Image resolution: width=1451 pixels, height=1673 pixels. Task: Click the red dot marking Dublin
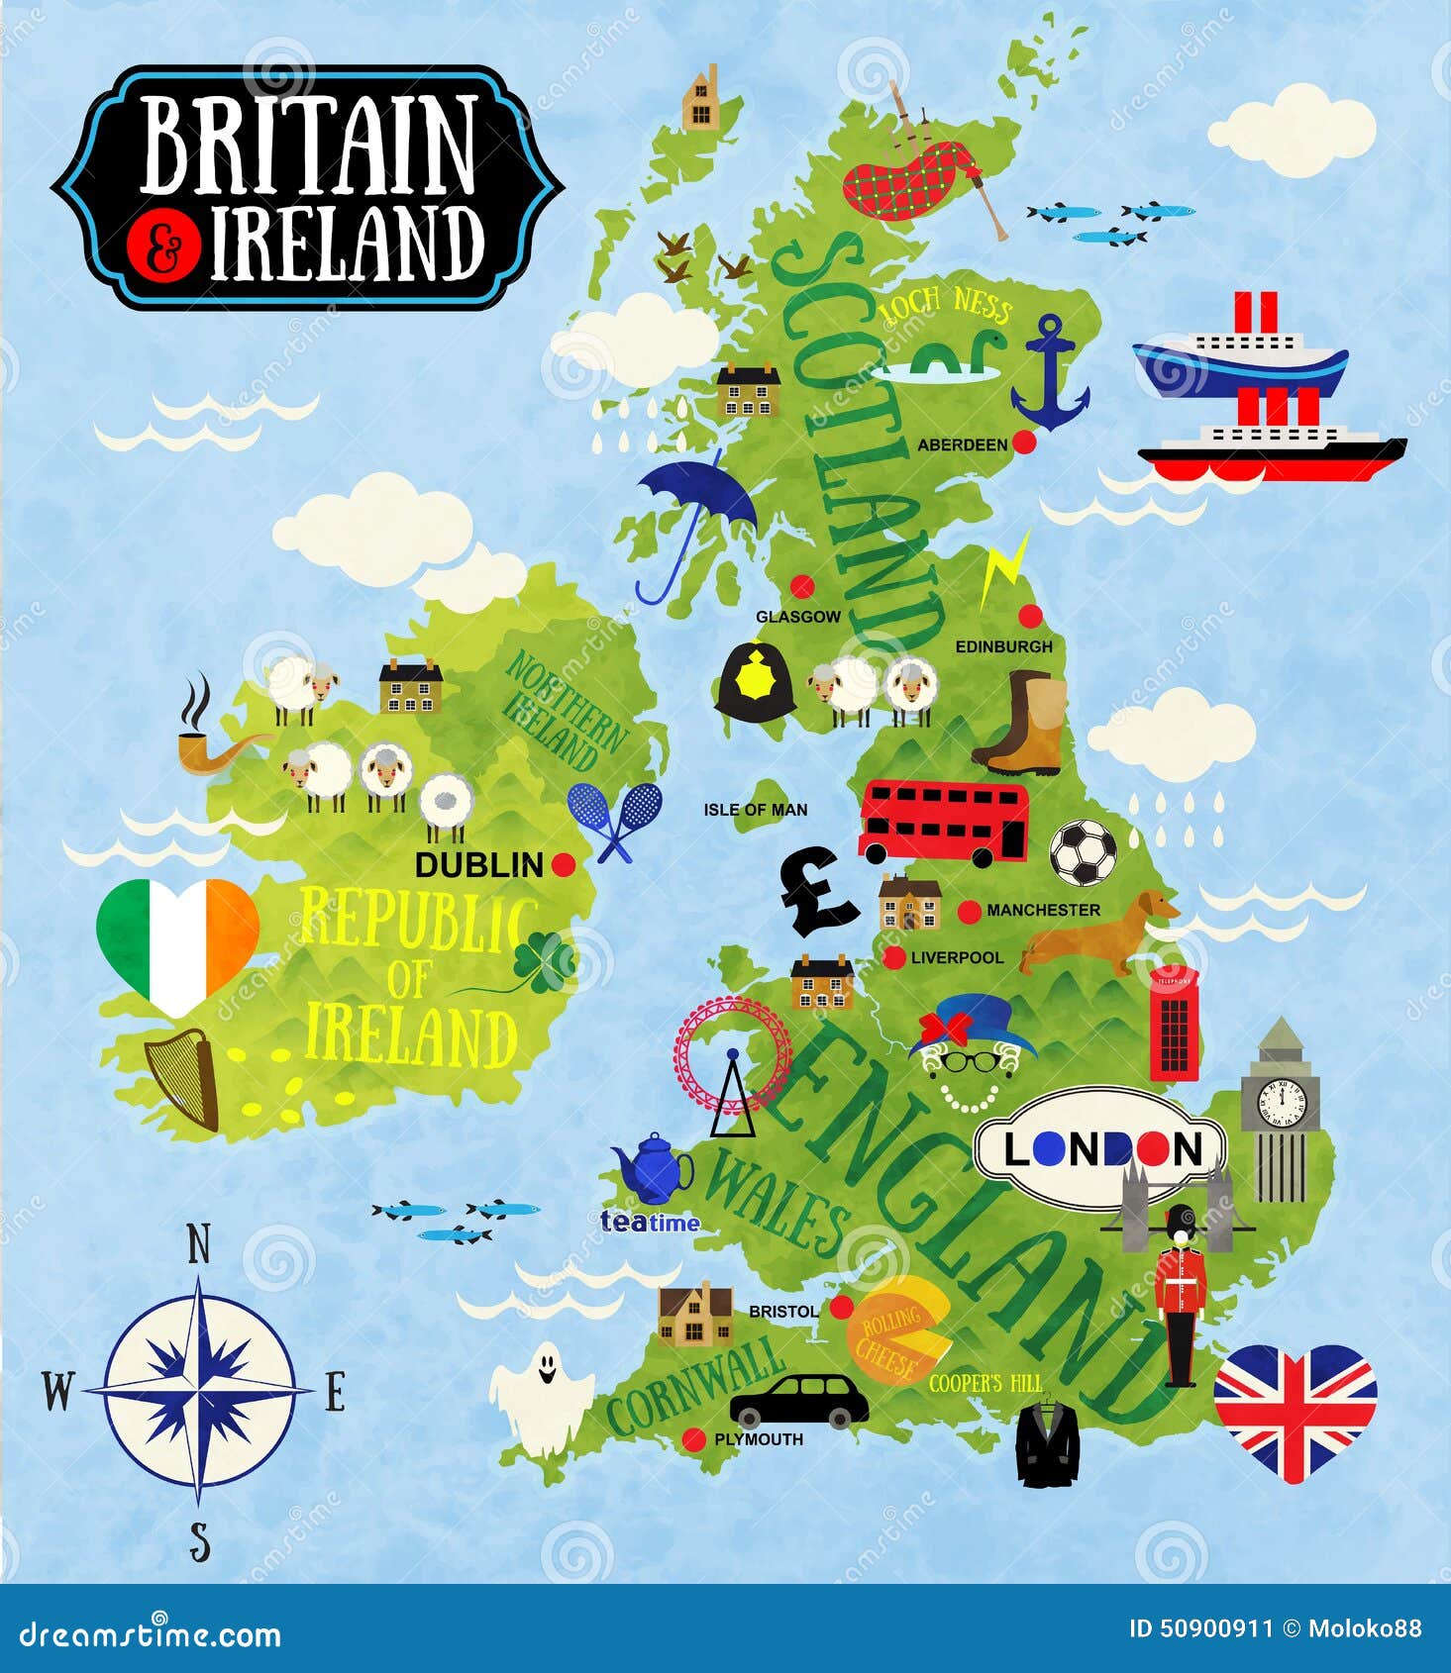pos(564,864)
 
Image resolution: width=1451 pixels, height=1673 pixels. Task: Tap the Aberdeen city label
pos(961,445)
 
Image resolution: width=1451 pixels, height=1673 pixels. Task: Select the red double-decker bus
pos(943,822)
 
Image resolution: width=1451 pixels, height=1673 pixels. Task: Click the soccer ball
pos(1083,852)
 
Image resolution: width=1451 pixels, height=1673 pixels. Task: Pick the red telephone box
pos(1174,1024)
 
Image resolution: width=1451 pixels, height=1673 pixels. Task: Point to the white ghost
pos(542,1397)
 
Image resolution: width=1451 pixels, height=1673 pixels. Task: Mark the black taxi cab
pos(798,1400)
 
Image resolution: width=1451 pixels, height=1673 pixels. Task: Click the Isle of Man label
pos(755,810)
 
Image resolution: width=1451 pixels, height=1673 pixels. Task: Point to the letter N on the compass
pos(199,1245)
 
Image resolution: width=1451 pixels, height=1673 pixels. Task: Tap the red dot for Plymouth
pos(694,1438)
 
